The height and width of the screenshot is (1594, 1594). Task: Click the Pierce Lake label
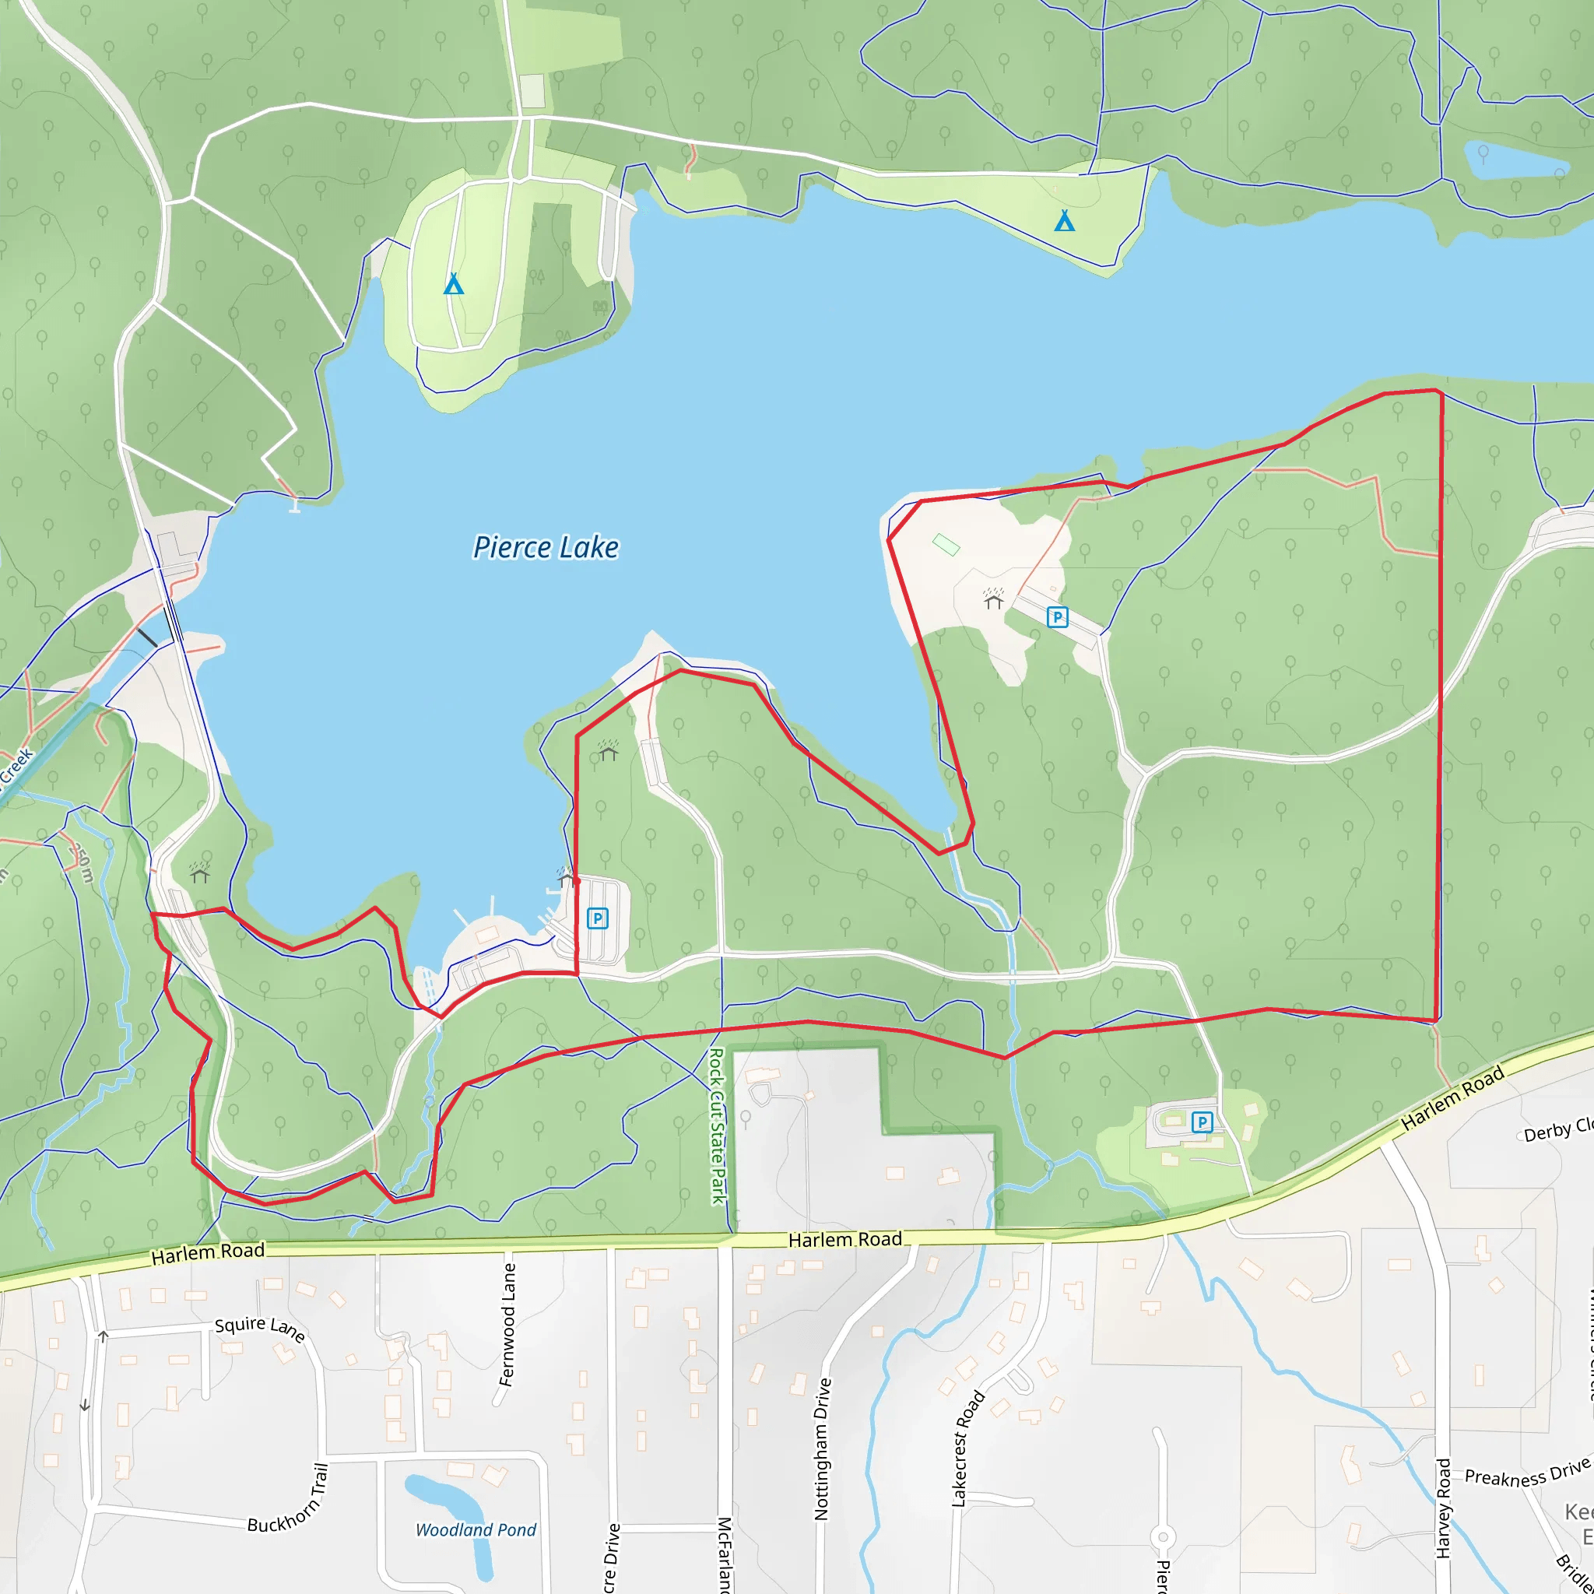(546, 548)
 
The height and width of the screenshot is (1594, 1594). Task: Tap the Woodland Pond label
(476, 1529)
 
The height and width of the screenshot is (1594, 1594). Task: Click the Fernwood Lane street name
(507, 1325)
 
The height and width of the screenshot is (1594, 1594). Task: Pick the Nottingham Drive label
(822, 1448)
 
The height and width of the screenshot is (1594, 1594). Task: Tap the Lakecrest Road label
(967, 1448)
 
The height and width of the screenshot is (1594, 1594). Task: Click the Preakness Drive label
(1526, 1473)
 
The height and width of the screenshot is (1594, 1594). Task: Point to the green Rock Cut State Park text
(717, 1125)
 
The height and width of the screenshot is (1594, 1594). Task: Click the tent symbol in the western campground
(453, 285)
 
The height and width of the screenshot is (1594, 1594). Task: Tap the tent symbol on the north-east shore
(1064, 220)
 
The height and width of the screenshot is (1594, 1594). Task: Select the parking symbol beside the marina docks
(597, 918)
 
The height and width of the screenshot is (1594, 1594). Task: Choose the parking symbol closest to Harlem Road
(1202, 1122)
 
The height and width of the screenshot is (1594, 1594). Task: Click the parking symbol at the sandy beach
(1057, 617)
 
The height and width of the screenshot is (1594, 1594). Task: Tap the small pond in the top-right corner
(1514, 160)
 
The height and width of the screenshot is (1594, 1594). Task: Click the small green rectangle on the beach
(946, 545)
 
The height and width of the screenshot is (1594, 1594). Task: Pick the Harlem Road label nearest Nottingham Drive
(844, 1239)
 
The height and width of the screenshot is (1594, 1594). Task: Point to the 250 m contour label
(82, 862)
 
